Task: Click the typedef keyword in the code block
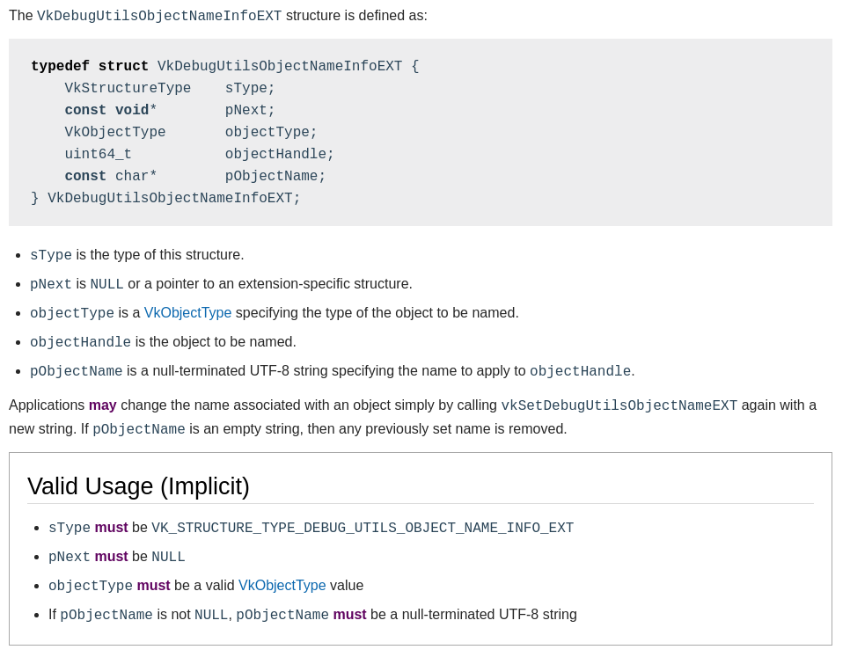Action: click(x=60, y=67)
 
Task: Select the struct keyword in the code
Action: click(x=123, y=67)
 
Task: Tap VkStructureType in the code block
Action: click(x=128, y=89)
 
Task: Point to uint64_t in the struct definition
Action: click(x=98, y=155)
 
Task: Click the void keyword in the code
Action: click(x=132, y=111)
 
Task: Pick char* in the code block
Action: click(x=136, y=177)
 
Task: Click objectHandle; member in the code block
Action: click(x=280, y=155)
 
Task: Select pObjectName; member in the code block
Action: click(x=275, y=177)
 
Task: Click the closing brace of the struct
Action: click(x=35, y=199)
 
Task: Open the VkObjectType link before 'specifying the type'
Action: click(x=187, y=313)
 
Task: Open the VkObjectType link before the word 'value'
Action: click(x=282, y=586)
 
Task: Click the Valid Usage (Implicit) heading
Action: click(x=138, y=486)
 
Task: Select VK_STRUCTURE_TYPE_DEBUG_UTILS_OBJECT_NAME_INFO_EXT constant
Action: click(x=363, y=529)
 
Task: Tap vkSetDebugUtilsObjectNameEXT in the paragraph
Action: click(x=619, y=406)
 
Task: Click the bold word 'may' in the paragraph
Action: click(x=102, y=405)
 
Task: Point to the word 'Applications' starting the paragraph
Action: click(x=47, y=405)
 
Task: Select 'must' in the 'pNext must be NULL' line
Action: click(x=111, y=557)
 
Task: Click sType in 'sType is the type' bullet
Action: click(x=51, y=256)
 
